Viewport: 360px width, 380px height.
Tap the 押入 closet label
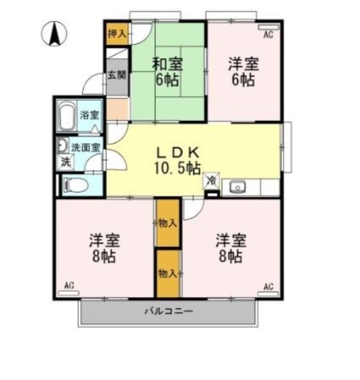tap(117, 34)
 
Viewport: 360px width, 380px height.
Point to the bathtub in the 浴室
tap(67, 116)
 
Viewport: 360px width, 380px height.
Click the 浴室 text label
tap(89, 114)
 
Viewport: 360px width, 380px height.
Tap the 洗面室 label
tap(86, 147)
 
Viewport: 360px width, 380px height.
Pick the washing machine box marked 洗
tap(65, 162)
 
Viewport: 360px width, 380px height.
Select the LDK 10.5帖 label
tap(177, 160)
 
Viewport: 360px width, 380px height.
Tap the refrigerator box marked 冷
tap(211, 180)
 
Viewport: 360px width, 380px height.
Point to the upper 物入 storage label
tap(167, 222)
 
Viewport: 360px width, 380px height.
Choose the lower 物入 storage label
tap(167, 273)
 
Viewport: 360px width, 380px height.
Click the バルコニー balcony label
tap(168, 312)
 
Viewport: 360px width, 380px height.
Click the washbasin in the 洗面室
tap(62, 146)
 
